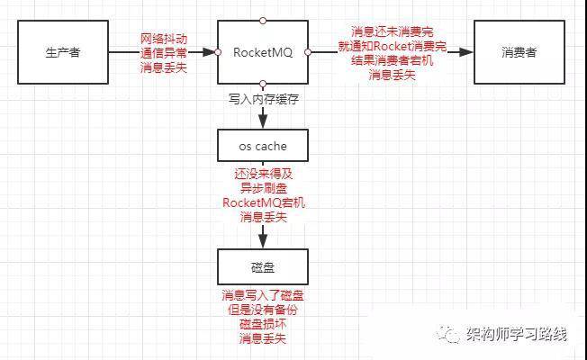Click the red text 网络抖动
coord(164,39)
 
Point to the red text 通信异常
coord(164,53)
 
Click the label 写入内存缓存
coord(264,99)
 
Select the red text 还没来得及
coord(264,174)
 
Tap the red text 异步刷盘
coord(264,188)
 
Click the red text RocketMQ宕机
coord(264,202)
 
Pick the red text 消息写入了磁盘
coord(263,295)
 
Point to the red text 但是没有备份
coord(263,310)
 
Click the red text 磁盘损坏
coord(263,324)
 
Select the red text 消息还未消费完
coord(393,31)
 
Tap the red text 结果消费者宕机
coord(393,60)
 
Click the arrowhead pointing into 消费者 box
coord(466,52)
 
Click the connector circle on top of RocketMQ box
coord(263,20)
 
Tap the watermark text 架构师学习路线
coord(517,333)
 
